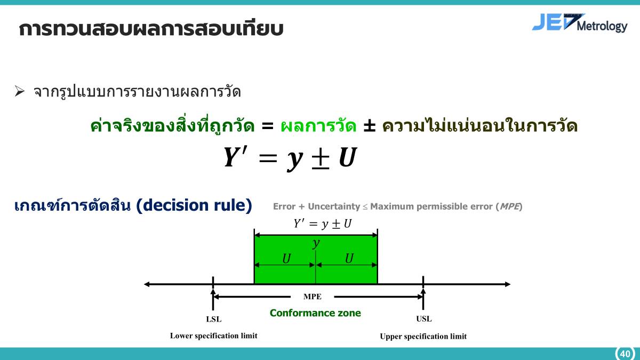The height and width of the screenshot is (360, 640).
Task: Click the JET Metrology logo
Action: coord(579,23)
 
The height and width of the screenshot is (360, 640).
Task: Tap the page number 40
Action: coord(625,354)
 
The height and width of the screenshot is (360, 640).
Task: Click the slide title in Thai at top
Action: coord(150,29)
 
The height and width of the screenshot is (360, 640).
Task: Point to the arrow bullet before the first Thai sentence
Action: coord(20,92)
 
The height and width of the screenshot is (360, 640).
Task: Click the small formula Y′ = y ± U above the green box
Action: coord(322,224)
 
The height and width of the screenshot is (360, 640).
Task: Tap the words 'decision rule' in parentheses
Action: coord(194,205)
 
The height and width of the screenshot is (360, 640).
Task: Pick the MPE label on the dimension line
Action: coord(313,297)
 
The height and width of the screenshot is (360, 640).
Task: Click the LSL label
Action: coord(213,319)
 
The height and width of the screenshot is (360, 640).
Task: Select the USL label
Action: coord(423,319)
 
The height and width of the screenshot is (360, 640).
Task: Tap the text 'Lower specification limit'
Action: coord(213,336)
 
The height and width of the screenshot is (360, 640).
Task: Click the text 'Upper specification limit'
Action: coord(423,337)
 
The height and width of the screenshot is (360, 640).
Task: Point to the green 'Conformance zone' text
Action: coord(315,313)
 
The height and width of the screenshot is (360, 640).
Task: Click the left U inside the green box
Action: coord(286,259)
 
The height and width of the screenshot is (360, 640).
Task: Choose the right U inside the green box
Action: coord(349,259)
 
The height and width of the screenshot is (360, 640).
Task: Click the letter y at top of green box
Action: coord(316,244)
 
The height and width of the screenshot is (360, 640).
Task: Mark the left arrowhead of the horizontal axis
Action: coord(148,284)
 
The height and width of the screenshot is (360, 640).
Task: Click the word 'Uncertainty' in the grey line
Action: coord(333,206)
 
